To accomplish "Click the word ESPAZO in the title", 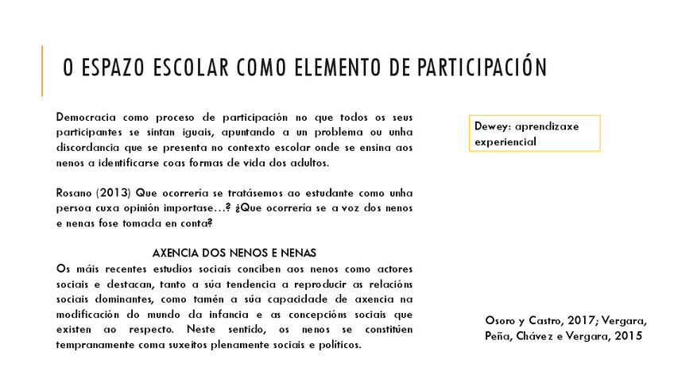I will click(108, 69).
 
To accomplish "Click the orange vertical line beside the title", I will click(42, 71).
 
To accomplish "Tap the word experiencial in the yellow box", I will click(505, 141).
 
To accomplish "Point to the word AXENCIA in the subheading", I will click(176, 253).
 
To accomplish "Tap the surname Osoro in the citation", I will click(501, 321).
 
